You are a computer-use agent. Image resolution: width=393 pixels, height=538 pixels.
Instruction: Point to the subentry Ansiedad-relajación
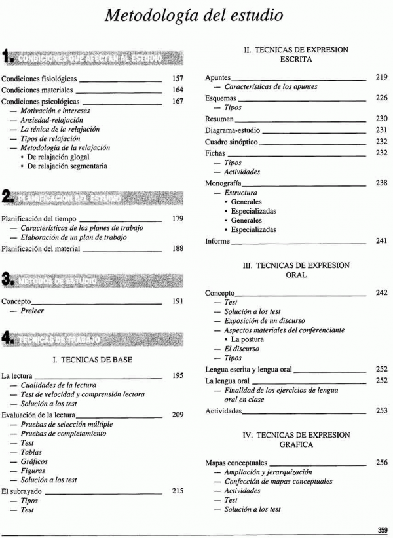click(x=52, y=121)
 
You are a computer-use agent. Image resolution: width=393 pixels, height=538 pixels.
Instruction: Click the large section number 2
click(x=7, y=198)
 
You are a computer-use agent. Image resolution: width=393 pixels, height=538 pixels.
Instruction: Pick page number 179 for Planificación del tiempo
click(x=178, y=219)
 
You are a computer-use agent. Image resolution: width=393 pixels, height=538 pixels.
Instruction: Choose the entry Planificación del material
click(x=41, y=249)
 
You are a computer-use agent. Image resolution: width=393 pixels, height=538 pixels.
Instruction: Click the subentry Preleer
click(x=32, y=311)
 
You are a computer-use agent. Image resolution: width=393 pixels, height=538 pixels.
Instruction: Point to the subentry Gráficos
click(x=34, y=462)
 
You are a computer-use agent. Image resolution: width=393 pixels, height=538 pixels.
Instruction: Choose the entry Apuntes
click(x=218, y=77)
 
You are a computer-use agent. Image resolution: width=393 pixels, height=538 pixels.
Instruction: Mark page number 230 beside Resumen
click(x=382, y=119)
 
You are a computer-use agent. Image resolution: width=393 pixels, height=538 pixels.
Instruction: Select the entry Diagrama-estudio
click(x=233, y=130)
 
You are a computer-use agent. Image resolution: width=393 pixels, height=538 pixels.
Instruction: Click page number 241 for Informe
click(x=382, y=241)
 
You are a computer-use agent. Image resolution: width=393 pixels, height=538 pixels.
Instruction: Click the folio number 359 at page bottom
click(x=382, y=529)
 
